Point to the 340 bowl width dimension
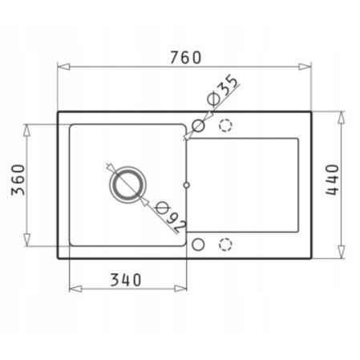click(x=127, y=280)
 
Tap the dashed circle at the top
click(x=225, y=125)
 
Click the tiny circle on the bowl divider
click(x=186, y=184)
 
